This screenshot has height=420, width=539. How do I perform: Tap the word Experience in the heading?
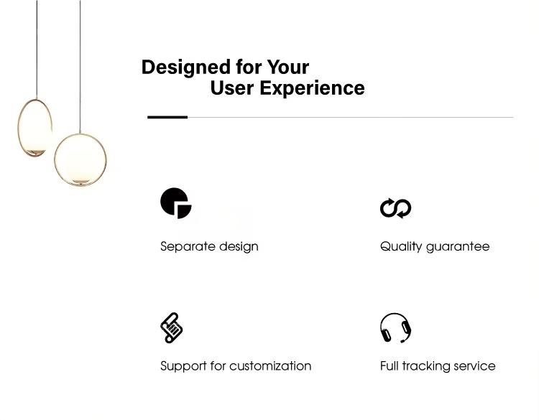(x=312, y=89)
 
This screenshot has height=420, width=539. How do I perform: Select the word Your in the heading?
(x=288, y=67)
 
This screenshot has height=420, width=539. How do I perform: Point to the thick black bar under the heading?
(x=167, y=117)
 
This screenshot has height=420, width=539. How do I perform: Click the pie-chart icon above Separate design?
(x=176, y=203)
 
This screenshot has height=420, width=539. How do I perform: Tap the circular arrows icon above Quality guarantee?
(x=396, y=208)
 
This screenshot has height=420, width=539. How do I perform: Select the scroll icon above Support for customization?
(x=172, y=327)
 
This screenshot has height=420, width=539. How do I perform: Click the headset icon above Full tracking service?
(x=396, y=327)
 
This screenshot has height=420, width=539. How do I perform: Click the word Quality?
(x=401, y=247)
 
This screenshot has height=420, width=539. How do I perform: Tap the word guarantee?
(x=458, y=247)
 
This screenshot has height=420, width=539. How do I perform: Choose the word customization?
(x=270, y=365)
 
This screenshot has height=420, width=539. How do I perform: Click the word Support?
(x=183, y=366)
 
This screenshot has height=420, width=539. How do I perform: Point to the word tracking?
(x=426, y=366)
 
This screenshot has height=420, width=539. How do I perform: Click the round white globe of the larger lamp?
(x=80, y=159)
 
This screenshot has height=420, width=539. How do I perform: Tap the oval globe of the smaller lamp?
(x=34, y=128)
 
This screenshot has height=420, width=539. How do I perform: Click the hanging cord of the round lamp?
(x=80, y=67)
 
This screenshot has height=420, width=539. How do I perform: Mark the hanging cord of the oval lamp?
(x=37, y=50)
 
